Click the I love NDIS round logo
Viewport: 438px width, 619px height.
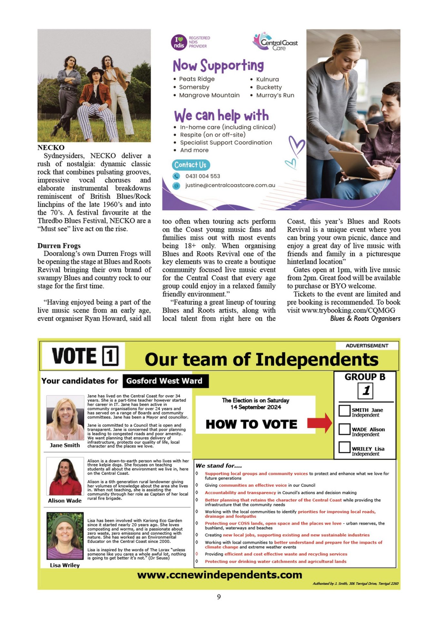pyautogui.click(x=179, y=42)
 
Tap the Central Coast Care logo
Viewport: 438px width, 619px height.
pyautogui.click(x=275, y=42)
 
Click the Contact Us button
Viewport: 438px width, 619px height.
pyautogui.click(x=190, y=165)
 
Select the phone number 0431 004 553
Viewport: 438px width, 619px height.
pyautogui.click(x=203, y=176)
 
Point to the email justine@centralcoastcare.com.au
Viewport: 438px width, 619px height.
pyautogui.click(x=230, y=185)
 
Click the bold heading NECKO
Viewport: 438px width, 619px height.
pyautogui.click(x=51, y=148)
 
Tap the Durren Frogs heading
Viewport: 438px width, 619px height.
pyautogui.click(x=59, y=246)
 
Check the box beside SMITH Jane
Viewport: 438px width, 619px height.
pyautogui.click(x=344, y=410)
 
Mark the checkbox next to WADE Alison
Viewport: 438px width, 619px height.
pyautogui.click(x=344, y=429)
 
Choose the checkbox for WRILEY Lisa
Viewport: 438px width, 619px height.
pyautogui.click(x=344, y=448)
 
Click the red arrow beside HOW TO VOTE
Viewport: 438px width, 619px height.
pyautogui.click(x=319, y=423)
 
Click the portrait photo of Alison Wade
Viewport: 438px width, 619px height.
pyautogui.click(x=65, y=477)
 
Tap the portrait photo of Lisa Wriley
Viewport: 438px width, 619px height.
pyautogui.click(x=65, y=535)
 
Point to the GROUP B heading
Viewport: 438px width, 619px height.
pyautogui.click(x=365, y=377)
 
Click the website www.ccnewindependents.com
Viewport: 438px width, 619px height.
pyautogui.click(x=219, y=575)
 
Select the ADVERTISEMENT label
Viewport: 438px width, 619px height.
pyautogui.click(x=367, y=346)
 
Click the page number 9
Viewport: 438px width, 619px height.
pyautogui.click(x=219, y=597)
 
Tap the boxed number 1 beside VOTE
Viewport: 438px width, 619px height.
pyautogui.click(x=110, y=356)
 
